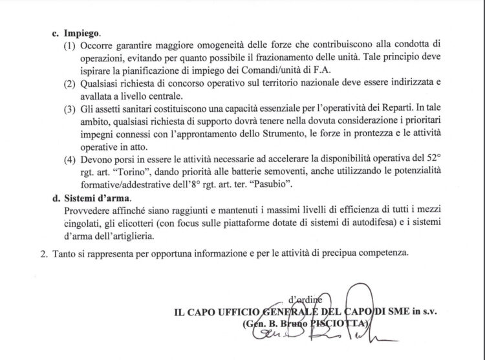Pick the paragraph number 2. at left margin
[x=45, y=253]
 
